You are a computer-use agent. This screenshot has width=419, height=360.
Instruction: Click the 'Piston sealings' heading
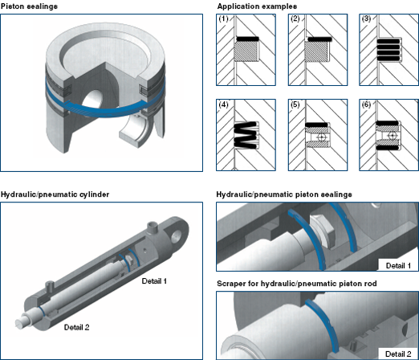pyautogui.click(x=29, y=6)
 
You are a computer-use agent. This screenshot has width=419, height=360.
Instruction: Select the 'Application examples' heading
pyautogui.click(x=257, y=6)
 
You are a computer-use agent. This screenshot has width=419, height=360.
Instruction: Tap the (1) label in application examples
pyautogui.click(x=223, y=18)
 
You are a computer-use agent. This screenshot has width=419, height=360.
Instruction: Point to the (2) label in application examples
pyautogui.click(x=295, y=18)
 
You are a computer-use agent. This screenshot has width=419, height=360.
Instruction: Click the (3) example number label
pyautogui.click(x=366, y=18)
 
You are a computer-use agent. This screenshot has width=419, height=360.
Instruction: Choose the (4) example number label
pyautogui.click(x=223, y=104)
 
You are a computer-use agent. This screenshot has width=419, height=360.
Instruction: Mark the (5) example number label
pyautogui.click(x=295, y=104)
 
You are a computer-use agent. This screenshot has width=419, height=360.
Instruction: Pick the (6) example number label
pyautogui.click(x=366, y=104)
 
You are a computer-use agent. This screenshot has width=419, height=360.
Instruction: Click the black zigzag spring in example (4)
pyautogui.click(x=246, y=135)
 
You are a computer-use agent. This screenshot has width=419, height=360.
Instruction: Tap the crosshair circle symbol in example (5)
pyautogui.click(x=321, y=137)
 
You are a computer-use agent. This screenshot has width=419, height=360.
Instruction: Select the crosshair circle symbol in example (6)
pyautogui.click(x=392, y=136)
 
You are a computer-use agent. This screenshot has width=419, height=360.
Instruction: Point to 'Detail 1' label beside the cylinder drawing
pyautogui.click(x=154, y=281)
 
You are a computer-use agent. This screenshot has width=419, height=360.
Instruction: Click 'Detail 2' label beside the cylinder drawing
pyautogui.click(x=76, y=327)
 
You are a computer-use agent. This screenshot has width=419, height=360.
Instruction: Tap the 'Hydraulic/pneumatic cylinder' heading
pyautogui.click(x=55, y=194)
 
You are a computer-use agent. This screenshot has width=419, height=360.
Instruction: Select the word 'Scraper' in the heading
pyautogui.click(x=230, y=284)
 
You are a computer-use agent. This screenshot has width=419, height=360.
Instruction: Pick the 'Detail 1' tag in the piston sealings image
pyautogui.click(x=398, y=266)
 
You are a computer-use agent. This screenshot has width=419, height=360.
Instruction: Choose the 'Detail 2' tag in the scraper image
pyautogui.click(x=398, y=354)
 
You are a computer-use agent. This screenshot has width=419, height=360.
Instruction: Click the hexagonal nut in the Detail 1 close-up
pyautogui.click(x=322, y=231)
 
